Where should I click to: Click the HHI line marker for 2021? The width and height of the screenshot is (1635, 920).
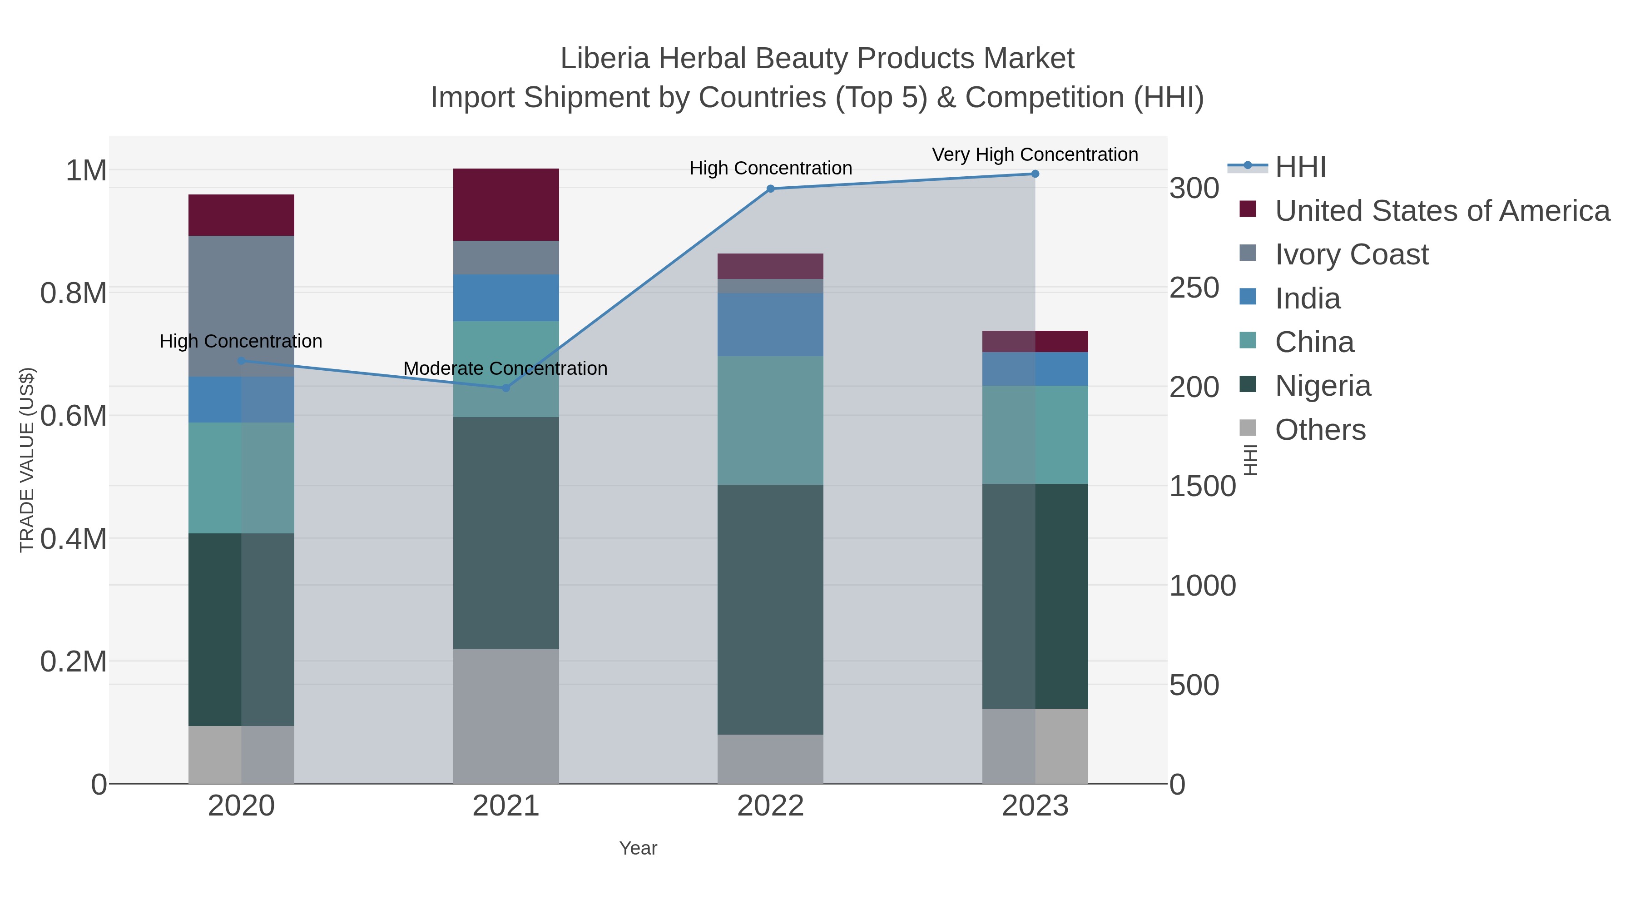[x=506, y=388]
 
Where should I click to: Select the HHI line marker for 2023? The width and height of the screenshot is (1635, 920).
[x=1035, y=174]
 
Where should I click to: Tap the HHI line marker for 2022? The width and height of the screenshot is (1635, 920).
[x=771, y=189]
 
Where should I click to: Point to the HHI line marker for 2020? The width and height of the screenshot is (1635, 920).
[x=241, y=361]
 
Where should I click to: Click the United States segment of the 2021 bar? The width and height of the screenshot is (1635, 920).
[x=506, y=204]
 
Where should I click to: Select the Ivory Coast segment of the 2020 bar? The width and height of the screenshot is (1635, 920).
[x=241, y=306]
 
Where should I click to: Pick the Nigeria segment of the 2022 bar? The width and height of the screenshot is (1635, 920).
[x=771, y=610]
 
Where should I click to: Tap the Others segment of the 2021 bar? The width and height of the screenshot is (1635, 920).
[x=506, y=716]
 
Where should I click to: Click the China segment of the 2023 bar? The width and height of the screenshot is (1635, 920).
[x=1035, y=435]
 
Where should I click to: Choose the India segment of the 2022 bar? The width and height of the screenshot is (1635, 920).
[x=771, y=324]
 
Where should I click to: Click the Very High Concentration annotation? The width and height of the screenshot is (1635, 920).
[x=1035, y=154]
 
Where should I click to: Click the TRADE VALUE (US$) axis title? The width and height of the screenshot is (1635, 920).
[x=27, y=460]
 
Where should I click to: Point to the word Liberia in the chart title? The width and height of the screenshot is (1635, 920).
[x=605, y=59]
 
